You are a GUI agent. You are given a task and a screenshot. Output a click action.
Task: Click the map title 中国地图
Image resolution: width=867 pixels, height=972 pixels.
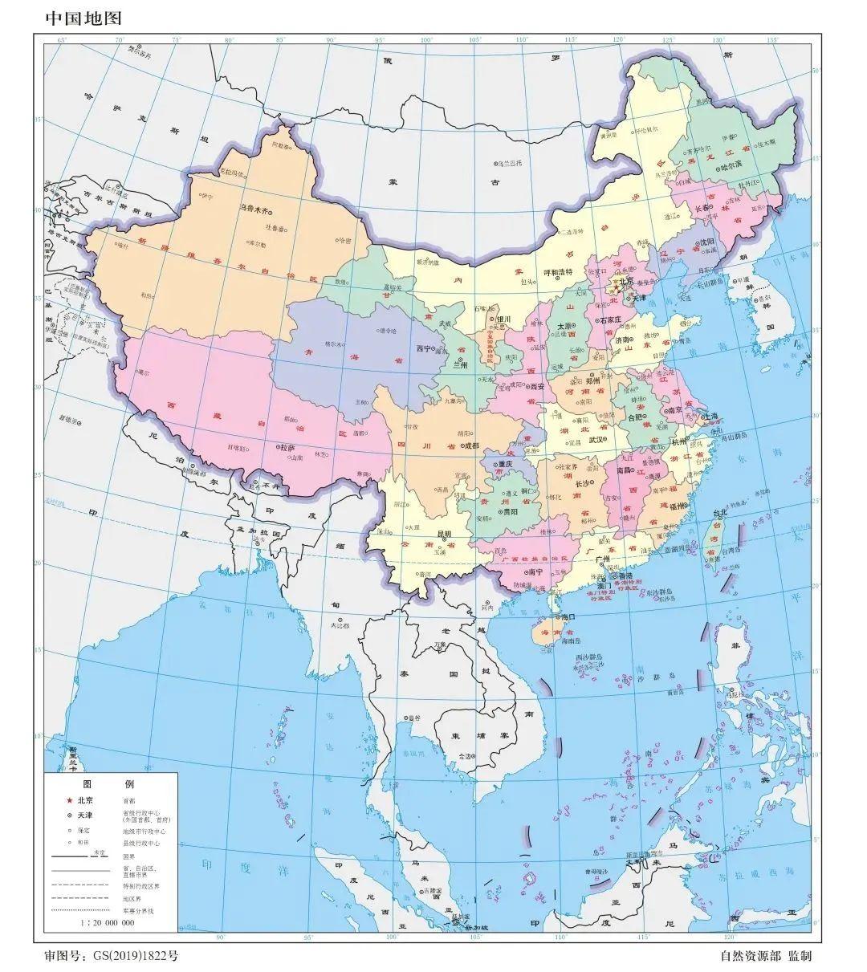pos(83,18)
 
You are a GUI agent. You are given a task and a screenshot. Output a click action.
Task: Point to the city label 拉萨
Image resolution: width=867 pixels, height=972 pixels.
pos(288,447)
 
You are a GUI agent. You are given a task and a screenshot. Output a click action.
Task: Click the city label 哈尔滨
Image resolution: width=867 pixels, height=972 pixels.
pos(731,167)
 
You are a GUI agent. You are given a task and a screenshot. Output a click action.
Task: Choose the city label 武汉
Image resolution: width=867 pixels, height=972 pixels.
pos(596,440)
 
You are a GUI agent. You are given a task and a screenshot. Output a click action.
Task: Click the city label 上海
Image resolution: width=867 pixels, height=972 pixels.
pos(711,417)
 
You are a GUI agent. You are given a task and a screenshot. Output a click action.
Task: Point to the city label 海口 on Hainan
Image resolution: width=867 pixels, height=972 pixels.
pos(569,616)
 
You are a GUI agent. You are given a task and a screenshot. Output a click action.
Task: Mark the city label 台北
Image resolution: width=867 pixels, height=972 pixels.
pos(721,513)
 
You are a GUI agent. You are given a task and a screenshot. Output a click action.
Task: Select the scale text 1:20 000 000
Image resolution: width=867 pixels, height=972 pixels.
pos(107,923)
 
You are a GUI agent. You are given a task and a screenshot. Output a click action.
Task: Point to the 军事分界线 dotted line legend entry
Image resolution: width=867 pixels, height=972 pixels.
pos(80,911)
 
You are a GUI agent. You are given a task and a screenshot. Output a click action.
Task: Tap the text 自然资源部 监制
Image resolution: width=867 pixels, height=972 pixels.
pos(766,956)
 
